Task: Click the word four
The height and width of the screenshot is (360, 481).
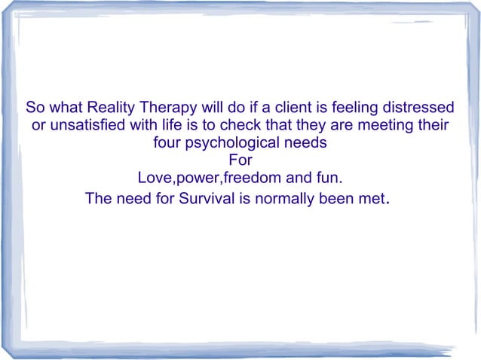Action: click(167, 142)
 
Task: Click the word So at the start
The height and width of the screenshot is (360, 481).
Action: click(35, 105)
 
